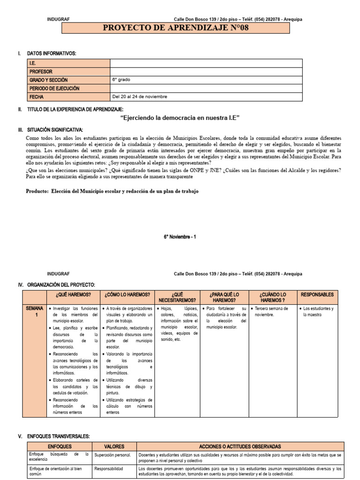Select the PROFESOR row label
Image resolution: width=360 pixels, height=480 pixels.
41,72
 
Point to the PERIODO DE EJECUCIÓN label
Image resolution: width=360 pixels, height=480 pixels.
54,89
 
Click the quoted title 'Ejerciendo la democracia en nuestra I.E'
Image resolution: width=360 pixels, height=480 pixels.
180,118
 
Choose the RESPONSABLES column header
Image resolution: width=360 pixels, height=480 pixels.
317,295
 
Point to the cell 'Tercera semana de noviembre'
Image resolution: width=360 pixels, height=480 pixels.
271,312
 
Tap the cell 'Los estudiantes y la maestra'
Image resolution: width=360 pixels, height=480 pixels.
317,312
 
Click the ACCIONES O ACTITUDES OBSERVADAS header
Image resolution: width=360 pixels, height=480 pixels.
240,447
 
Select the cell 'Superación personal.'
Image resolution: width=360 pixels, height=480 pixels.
112,455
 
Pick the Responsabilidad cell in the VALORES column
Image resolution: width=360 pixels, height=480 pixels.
109,468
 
